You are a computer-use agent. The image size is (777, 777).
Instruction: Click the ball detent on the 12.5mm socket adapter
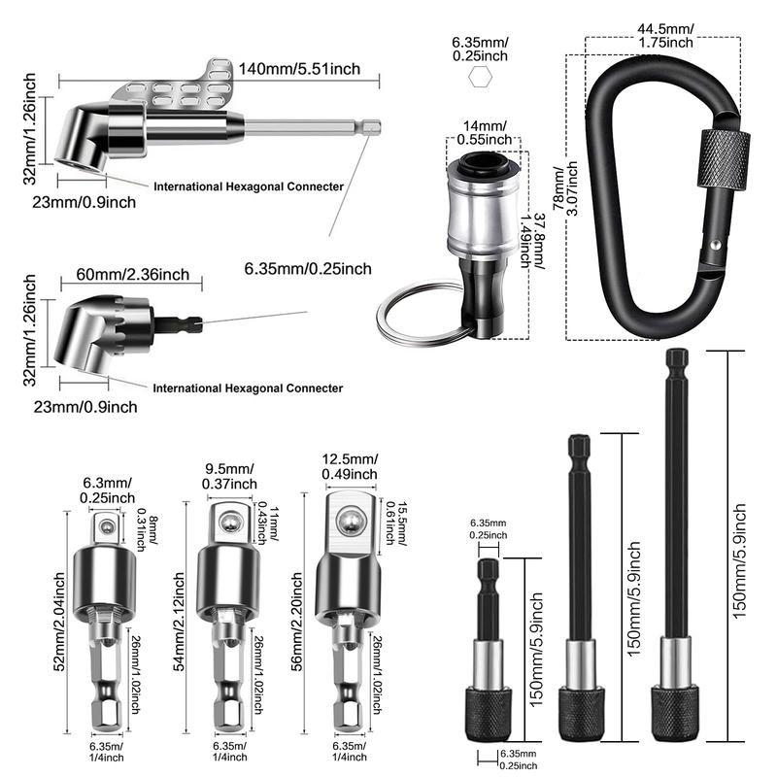point(346,524)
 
